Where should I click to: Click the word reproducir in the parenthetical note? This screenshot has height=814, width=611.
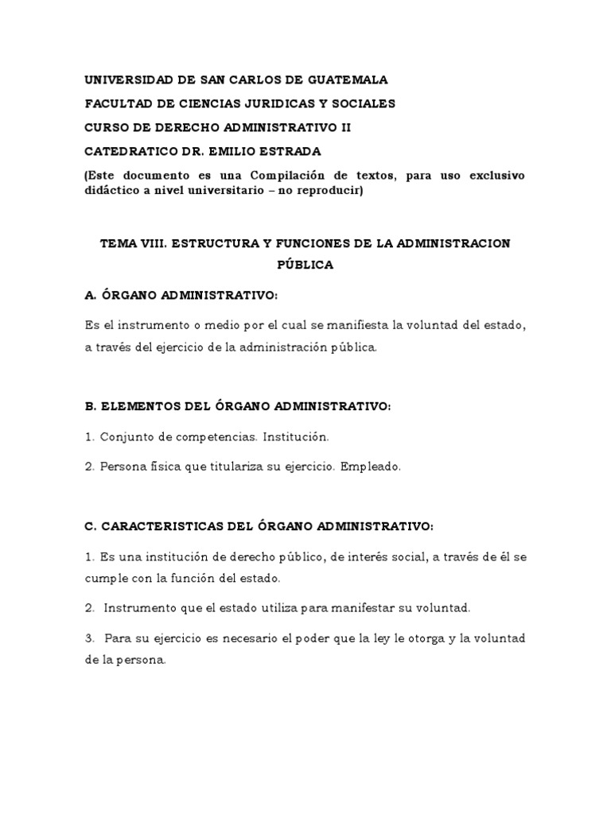pos(326,191)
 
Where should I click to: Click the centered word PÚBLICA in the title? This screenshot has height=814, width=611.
pos(305,266)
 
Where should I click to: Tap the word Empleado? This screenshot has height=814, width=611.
pos(370,467)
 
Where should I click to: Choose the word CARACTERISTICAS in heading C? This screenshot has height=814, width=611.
pos(152,526)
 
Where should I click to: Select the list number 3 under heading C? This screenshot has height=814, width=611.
pos(88,639)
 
